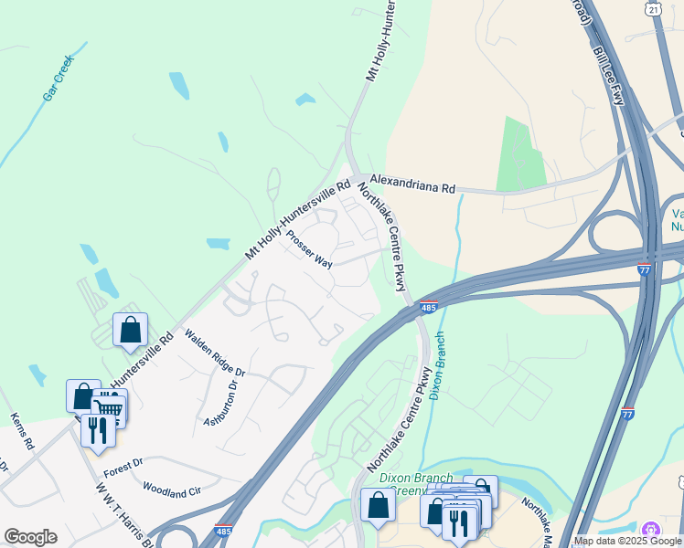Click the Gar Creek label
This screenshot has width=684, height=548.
point(57,78)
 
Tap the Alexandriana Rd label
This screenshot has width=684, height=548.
point(411,186)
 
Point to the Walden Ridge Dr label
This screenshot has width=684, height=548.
point(215,354)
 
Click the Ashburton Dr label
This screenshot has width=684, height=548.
point(220,401)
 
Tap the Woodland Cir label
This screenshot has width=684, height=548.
point(171,492)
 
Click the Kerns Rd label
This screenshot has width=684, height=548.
point(22,431)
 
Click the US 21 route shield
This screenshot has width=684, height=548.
point(651,8)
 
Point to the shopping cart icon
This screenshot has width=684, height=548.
point(109,407)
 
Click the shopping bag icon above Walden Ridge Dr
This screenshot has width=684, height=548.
point(131,330)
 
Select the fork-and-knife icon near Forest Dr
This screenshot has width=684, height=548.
point(98,429)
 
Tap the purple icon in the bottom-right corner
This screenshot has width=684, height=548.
point(651,530)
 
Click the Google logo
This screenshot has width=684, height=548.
point(30,537)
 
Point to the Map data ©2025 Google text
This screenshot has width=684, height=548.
point(627,541)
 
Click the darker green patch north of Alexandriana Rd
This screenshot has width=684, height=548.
point(520,155)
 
